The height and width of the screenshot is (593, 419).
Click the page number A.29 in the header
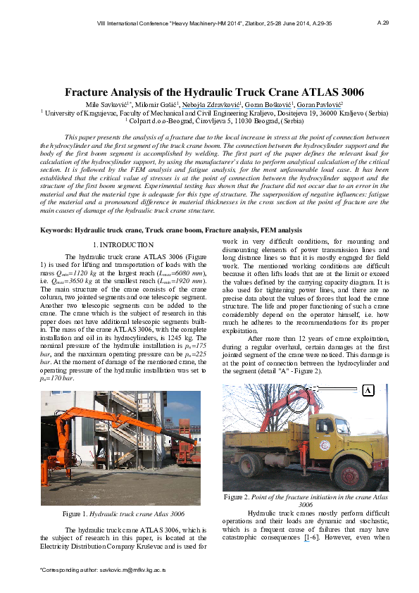tap(383, 23)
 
